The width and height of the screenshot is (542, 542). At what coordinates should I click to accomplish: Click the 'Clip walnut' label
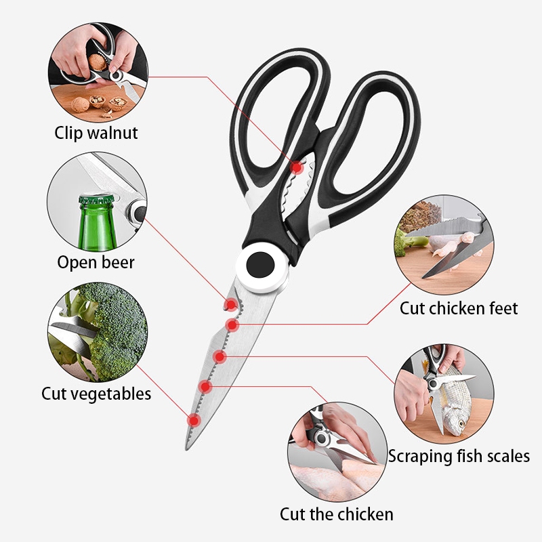96,133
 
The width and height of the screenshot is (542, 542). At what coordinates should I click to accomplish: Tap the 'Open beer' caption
96,262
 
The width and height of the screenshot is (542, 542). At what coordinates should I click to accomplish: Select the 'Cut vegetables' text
96,394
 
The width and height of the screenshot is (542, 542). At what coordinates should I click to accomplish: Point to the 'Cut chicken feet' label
459,308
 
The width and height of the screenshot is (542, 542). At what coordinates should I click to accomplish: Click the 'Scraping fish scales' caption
459,456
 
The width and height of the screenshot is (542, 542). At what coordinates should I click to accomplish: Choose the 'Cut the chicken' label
337,514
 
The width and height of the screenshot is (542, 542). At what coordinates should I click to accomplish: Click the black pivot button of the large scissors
261,265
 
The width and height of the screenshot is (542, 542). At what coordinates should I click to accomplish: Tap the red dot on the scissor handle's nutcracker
297,168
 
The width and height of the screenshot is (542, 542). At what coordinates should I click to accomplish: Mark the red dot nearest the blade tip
194,421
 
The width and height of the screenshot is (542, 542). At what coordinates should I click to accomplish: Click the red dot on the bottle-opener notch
230,305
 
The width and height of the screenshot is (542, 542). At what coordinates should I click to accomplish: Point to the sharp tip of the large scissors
187,449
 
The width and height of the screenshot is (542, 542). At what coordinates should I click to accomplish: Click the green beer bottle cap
97,199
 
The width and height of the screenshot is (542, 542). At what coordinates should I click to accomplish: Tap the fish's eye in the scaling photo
461,423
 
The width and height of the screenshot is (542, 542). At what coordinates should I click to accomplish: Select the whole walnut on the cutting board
80,105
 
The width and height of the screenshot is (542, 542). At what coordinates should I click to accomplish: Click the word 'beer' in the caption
118,262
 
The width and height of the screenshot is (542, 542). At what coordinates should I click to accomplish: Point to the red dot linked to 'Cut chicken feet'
232,325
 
